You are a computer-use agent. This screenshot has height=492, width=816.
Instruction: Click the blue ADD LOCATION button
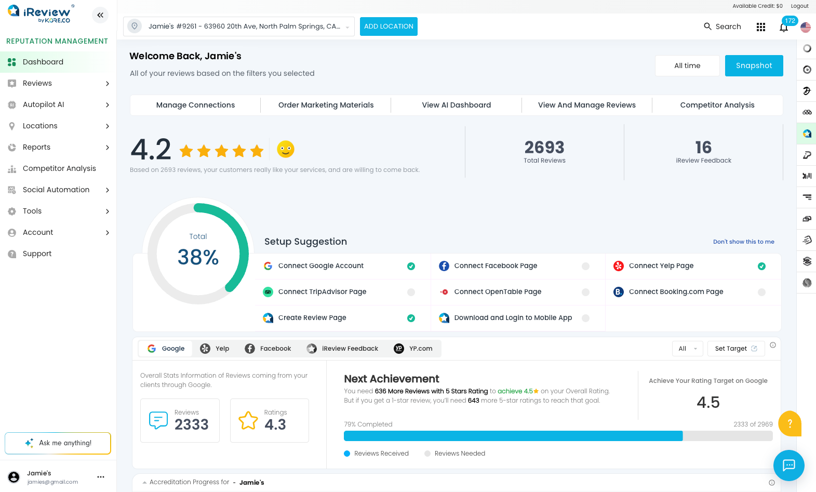point(389,26)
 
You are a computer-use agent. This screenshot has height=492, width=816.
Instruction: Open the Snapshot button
point(754,65)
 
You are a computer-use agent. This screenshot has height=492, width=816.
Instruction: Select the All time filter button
point(687,65)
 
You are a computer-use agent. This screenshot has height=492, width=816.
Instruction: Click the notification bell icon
point(784,28)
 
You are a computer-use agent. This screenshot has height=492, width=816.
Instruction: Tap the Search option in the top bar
point(723,26)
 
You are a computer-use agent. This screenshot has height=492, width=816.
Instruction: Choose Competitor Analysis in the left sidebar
point(59,168)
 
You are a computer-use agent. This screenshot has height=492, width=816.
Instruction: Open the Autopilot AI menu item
point(43,104)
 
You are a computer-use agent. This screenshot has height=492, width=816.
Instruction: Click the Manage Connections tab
point(195,105)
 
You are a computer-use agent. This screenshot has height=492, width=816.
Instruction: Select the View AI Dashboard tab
point(456,105)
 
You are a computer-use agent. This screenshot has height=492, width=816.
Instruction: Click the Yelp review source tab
point(215,349)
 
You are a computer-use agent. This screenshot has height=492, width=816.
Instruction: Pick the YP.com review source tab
point(413,349)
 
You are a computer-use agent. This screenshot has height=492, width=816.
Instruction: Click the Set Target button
point(736,349)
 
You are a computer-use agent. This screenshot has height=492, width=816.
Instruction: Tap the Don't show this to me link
point(743,242)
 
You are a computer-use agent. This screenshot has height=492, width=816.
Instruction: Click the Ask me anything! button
point(58,443)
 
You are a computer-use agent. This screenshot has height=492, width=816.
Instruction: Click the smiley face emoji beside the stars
point(286,149)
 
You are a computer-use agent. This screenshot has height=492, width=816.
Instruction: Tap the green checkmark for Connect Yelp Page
point(761,266)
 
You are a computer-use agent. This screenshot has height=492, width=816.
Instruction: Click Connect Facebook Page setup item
point(496,265)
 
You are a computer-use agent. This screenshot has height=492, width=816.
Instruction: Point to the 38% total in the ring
point(198,257)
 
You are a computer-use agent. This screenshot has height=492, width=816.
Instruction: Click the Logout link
point(799,6)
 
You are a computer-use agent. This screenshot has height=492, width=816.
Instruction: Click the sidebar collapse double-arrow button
point(100,15)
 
